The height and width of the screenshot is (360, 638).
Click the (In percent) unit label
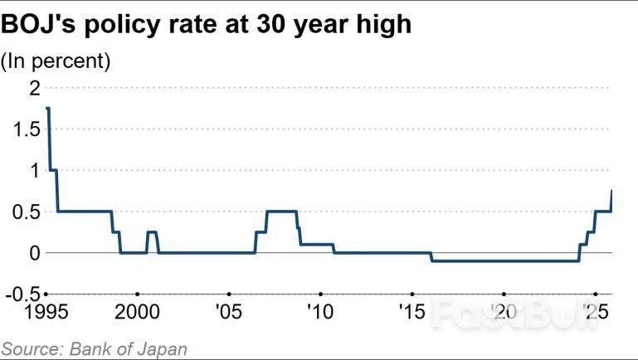[56, 61]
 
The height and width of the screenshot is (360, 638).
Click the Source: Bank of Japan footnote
[94, 348]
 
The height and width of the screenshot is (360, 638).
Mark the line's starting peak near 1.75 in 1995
[48, 109]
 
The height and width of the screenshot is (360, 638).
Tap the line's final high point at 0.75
[611, 191]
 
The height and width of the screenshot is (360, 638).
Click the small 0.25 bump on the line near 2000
[152, 232]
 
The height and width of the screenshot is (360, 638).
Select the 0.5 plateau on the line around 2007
[281, 212]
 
